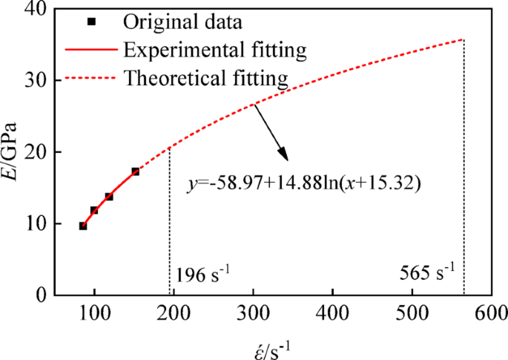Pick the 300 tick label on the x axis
(x=254, y=313)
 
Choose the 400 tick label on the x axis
(x=333, y=313)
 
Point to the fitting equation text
(x=304, y=183)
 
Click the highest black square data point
(x=135, y=171)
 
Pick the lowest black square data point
(x=83, y=226)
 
